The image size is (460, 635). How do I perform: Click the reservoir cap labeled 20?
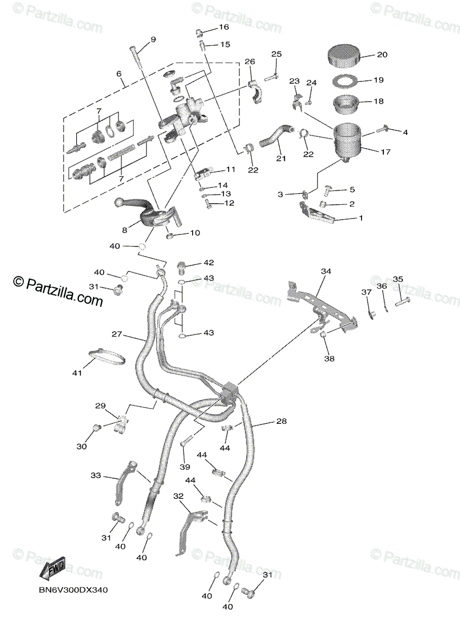pos(343,55)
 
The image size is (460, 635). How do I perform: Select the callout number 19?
pos(378,80)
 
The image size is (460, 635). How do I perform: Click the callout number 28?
pos(281,421)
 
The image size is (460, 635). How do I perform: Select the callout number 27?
pos(116,334)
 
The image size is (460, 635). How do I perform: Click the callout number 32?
pos(178,496)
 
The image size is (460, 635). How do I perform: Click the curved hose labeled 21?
pos(274,136)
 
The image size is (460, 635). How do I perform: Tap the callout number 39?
pos(184,467)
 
